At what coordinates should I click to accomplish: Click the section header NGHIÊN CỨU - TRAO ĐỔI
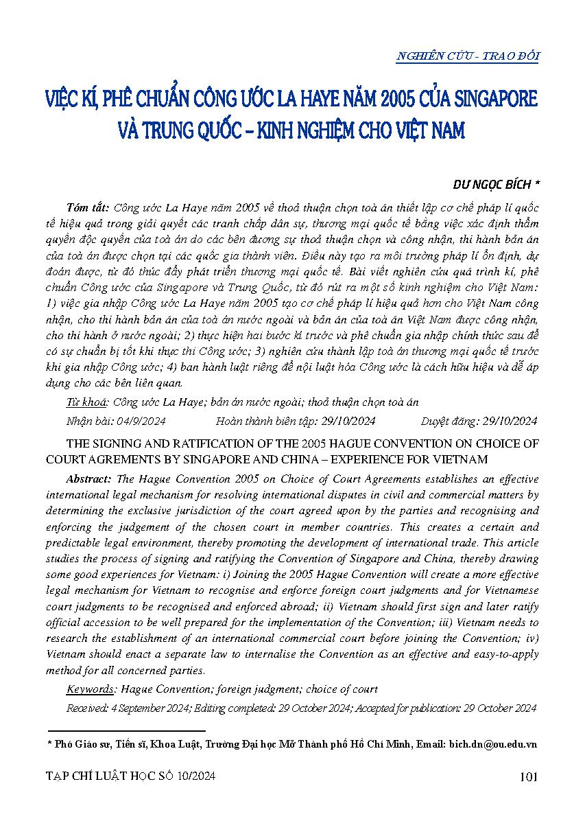467,57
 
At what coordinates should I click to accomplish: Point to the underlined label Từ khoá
87,402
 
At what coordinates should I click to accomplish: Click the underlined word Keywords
90,689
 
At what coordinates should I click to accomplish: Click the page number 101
528,777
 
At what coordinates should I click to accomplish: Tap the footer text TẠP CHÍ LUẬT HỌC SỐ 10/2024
130,777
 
